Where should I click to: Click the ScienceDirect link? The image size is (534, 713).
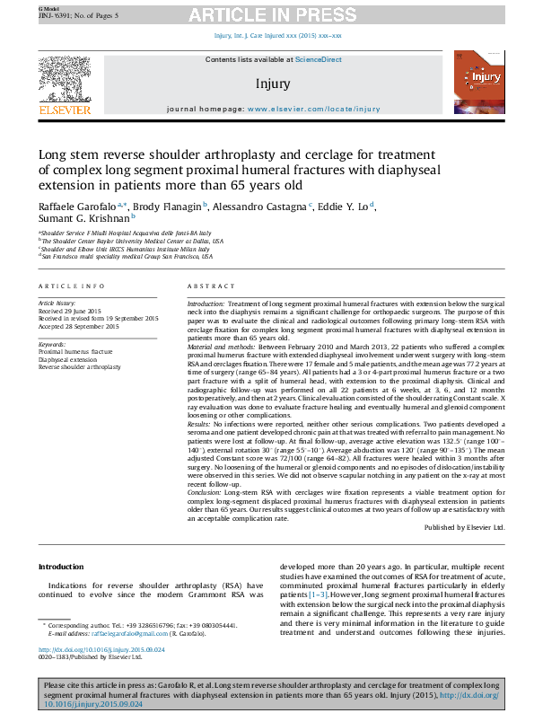pos(319,59)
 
